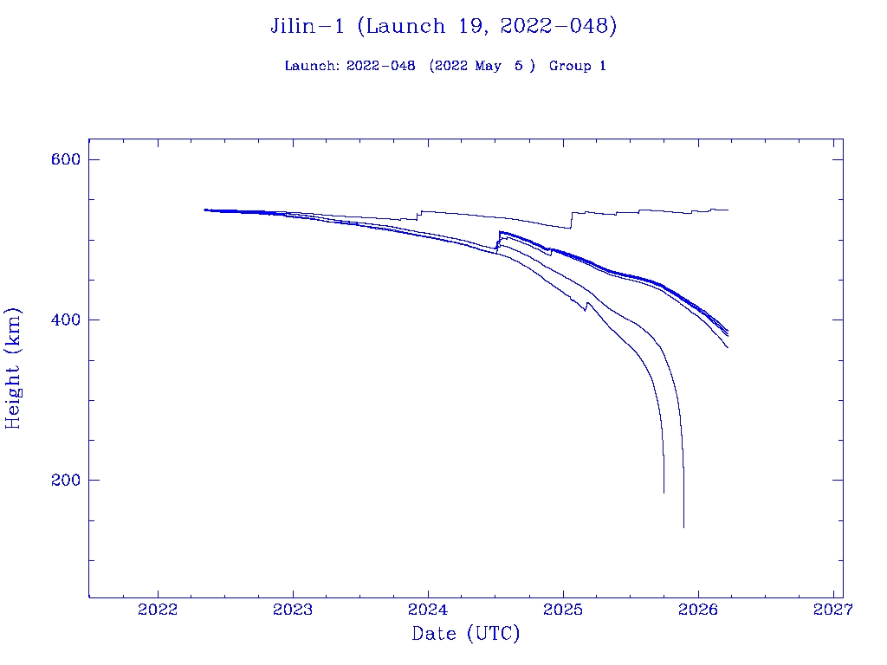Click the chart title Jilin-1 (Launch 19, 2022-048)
pos(443,26)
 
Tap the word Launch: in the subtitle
pos(312,66)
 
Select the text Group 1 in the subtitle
pos(577,66)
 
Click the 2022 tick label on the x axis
pos(159,609)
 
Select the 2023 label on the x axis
pos(294,609)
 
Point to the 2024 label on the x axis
pos(428,609)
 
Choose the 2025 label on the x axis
pos(563,609)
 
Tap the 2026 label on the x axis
pos(698,609)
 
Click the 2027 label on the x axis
pos(832,609)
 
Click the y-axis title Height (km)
pos(13,368)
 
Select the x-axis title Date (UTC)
pos(466,634)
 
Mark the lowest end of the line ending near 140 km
pos(683,527)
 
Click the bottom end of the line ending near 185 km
pos(664,493)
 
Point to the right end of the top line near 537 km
pos(728,210)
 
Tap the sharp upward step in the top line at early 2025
pos(571,220)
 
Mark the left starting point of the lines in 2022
pos(204,210)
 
